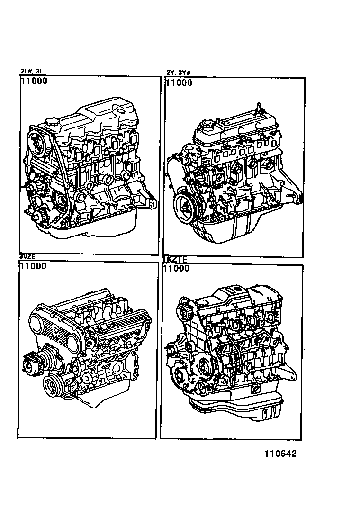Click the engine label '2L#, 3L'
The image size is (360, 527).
[32, 72]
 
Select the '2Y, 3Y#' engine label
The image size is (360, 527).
[178, 73]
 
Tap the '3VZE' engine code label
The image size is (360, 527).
[27, 257]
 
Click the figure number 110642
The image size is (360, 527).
[277, 454]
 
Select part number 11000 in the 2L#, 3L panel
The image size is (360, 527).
[34, 81]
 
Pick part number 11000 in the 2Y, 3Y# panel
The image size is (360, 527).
[179, 82]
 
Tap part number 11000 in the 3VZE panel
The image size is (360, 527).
[33, 266]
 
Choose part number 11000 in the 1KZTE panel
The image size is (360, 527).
[176, 269]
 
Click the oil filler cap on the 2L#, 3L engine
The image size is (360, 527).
[53, 123]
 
